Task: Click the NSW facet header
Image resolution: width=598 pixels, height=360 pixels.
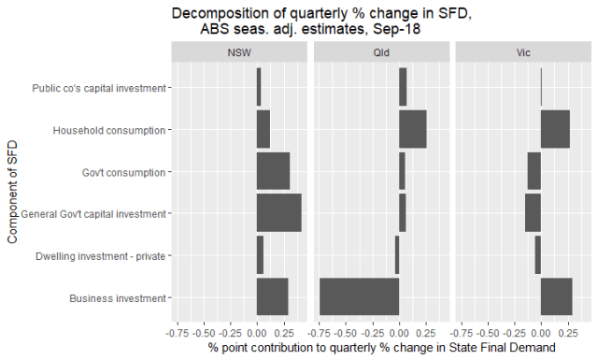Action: tap(238, 53)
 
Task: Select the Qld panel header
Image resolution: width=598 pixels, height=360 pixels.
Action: tap(380, 53)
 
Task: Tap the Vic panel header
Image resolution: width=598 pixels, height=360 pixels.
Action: tap(522, 53)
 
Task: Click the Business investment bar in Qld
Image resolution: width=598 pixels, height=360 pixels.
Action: tap(360, 297)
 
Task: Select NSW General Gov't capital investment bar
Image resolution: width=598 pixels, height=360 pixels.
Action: tap(278, 213)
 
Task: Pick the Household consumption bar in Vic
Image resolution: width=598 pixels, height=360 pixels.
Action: tap(555, 129)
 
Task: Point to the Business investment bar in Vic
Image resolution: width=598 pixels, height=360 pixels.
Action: tap(556, 297)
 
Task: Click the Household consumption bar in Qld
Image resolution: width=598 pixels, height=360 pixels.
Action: tap(412, 129)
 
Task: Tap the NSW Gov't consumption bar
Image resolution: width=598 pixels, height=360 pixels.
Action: tap(273, 171)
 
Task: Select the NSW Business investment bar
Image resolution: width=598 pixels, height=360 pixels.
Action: tap(272, 297)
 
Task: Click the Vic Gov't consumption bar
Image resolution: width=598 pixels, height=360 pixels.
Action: tap(534, 171)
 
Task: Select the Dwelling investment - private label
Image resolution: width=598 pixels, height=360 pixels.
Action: tap(100, 255)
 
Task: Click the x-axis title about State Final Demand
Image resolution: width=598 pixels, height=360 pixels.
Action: tap(380, 349)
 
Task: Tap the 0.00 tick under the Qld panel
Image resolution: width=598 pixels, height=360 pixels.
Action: tap(399, 331)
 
